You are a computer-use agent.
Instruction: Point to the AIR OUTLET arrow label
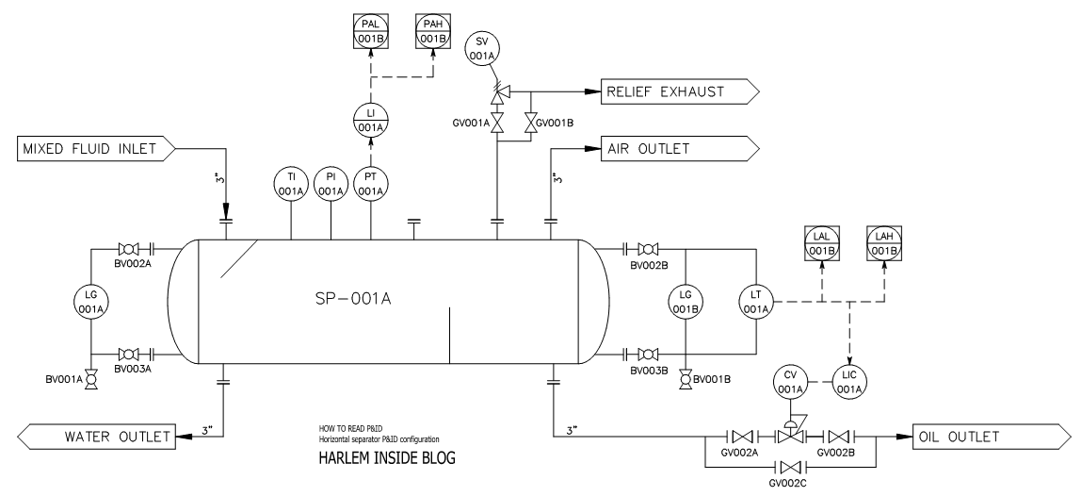point(671,147)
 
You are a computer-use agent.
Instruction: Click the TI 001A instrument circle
point(291,185)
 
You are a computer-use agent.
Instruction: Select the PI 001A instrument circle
point(331,185)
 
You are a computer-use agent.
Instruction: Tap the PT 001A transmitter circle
point(371,185)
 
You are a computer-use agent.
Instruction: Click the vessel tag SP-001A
point(352,299)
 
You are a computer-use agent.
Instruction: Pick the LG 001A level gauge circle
point(90,302)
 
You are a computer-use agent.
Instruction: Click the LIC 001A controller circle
point(851,382)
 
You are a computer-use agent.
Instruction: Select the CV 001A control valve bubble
point(791,382)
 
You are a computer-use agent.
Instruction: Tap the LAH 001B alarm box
point(883,244)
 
